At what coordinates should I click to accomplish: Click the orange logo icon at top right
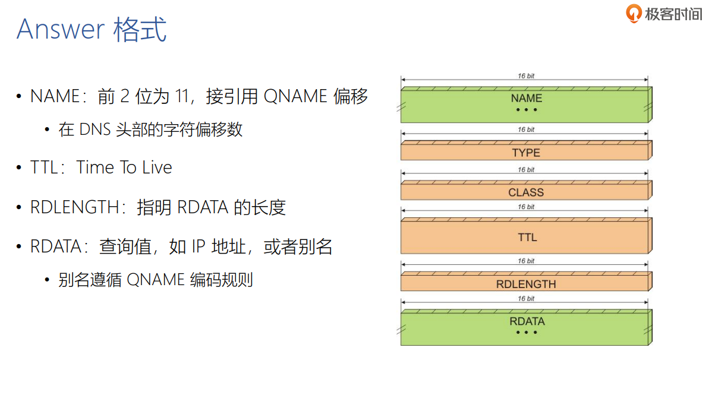[x=634, y=12]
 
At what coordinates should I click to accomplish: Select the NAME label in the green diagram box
[x=526, y=98]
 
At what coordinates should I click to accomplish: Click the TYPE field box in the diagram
[x=526, y=153]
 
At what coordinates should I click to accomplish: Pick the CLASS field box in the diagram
[x=526, y=192]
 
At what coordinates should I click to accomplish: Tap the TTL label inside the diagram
[x=527, y=237]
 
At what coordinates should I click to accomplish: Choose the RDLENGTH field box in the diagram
[x=526, y=284]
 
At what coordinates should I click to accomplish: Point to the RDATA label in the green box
[x=527, y=321]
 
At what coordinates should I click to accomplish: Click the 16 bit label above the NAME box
[x=526, y=76]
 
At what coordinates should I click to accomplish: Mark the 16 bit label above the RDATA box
[x=526, y=299]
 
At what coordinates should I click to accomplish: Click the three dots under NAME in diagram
[x=526, y=110]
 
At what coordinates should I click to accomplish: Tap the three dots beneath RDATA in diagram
[x=527, y=333]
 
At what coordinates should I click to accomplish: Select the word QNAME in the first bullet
[x=295, y=96]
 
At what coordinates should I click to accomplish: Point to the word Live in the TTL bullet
[x=157, y=168]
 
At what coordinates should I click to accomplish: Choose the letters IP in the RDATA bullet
[x=198, y=247]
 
